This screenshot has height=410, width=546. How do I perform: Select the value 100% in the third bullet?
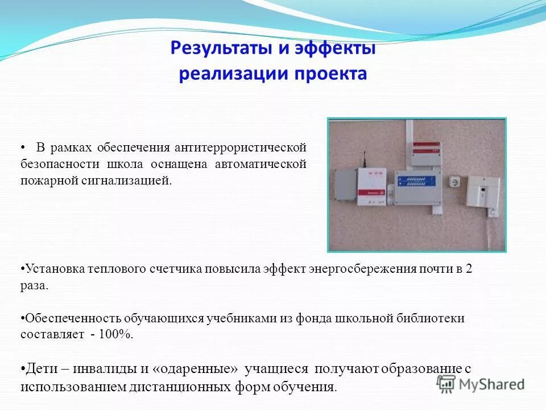point(115,335)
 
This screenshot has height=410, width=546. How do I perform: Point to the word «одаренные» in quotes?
point(196,369)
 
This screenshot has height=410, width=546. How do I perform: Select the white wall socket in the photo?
point(454,182)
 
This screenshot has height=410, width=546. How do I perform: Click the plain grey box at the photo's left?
point(345,185)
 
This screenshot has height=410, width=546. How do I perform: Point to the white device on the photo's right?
point(482,192)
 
